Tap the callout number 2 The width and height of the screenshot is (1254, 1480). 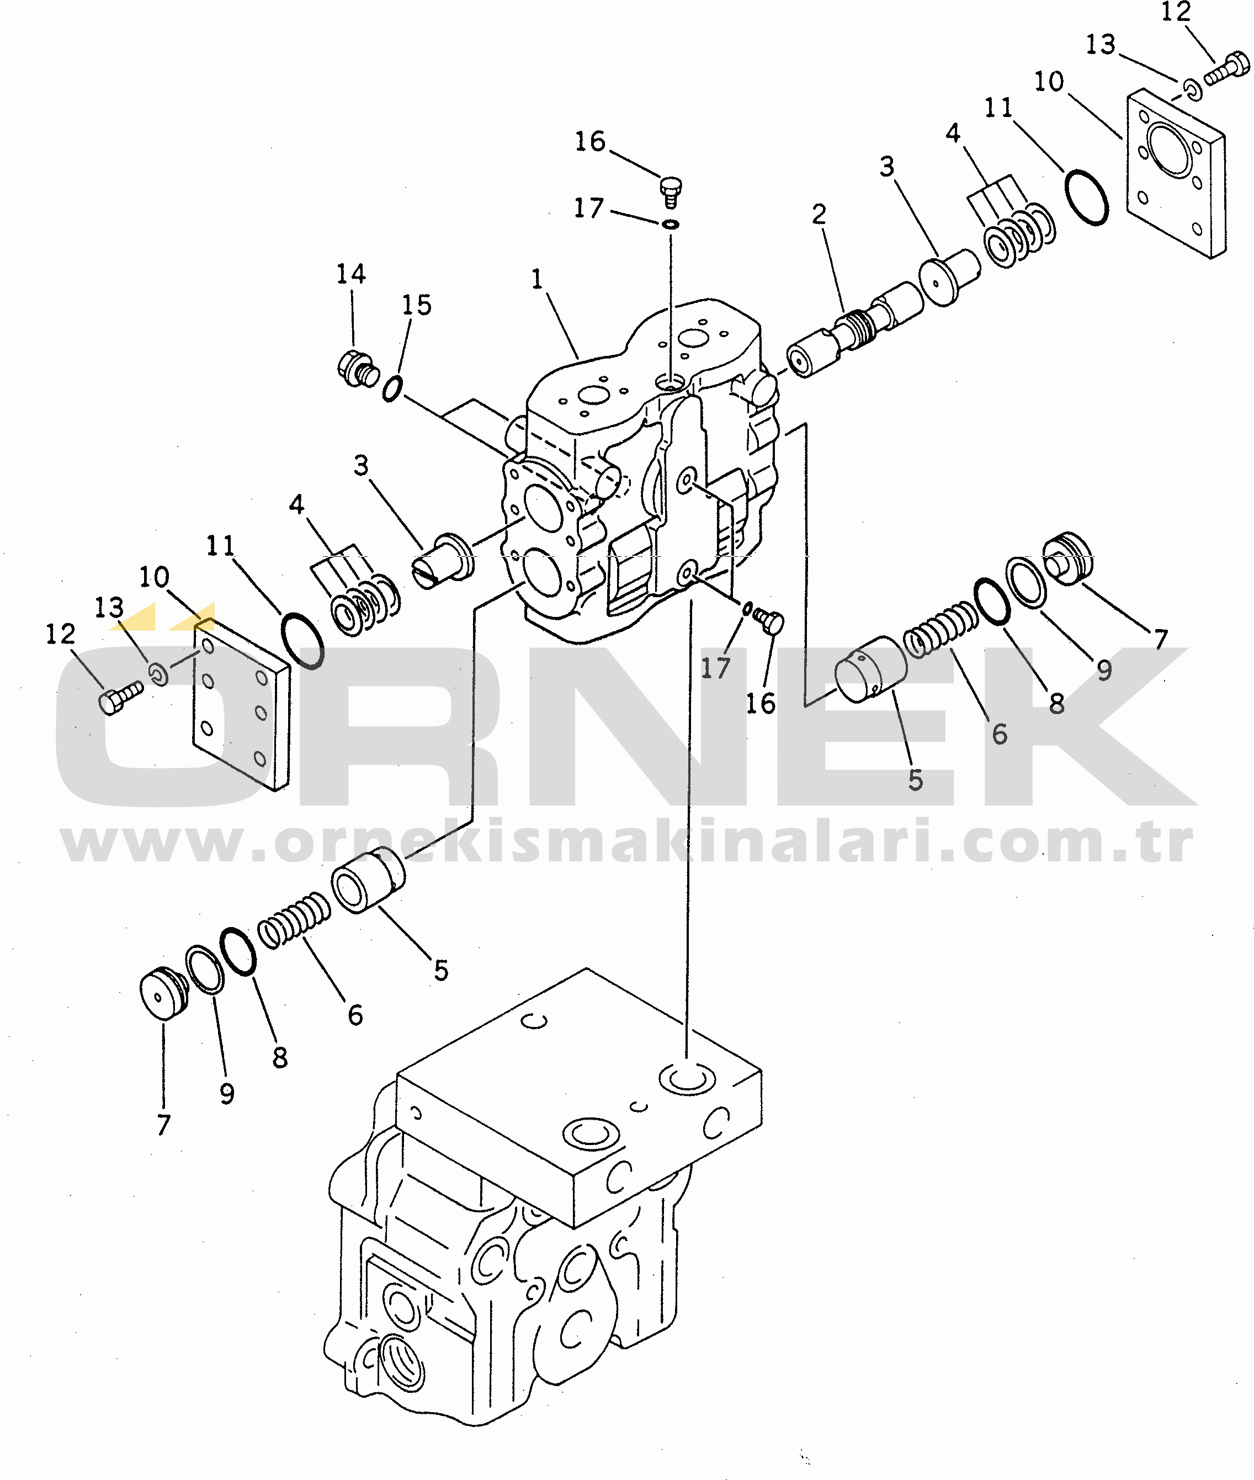point(819,214)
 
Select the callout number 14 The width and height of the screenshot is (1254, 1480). point(350,274)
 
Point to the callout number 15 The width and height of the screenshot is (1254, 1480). point(417,305)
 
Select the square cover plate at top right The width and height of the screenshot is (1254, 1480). point(1177,173)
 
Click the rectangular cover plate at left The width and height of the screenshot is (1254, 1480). point(242,704)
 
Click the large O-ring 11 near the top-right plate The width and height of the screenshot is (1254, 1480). point(1086,198)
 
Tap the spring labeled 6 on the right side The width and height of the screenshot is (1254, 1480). point(940,629)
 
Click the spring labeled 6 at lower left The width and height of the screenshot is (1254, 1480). point(294,920)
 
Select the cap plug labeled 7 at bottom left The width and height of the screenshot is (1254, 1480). point(163,992)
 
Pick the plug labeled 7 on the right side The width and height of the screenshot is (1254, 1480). point(1068,557)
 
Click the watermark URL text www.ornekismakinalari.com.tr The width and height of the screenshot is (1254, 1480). point(627,843)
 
